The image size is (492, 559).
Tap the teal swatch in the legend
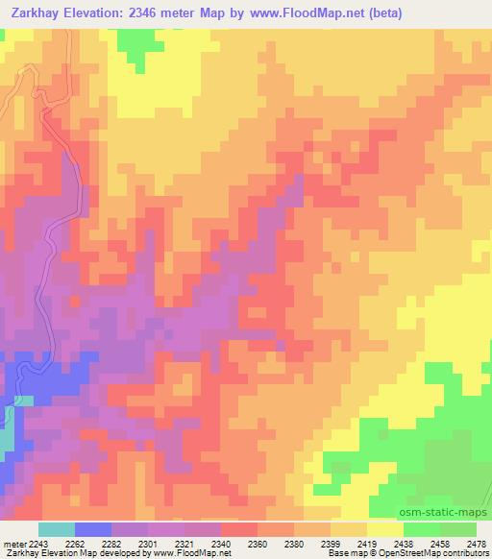tap(57, 529)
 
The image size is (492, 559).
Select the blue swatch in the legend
tap(94, 529)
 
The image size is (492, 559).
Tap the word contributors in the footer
tap(469, 554)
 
